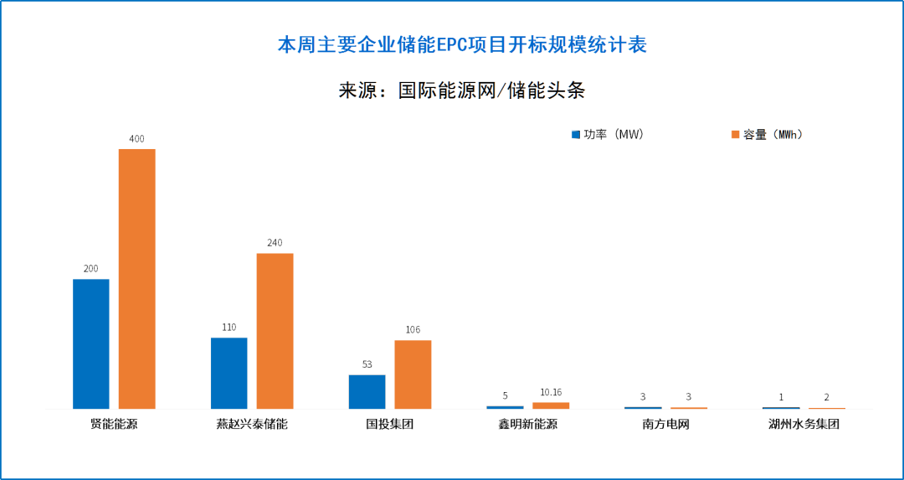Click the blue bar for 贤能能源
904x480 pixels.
click(x=91, y=343)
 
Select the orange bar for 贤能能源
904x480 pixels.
click(x=136, y=278)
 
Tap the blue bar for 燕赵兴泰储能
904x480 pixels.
click(x=229, y=373)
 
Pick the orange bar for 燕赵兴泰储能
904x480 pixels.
click(x=275, y=330)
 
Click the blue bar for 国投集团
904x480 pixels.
click(x=367, y=391)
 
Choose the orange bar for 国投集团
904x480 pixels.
click(x=413, y=374)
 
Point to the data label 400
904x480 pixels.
click(x=136, y=138)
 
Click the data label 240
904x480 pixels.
click(x=275, y=243)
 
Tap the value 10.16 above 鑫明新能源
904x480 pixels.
click(x=551, y=392)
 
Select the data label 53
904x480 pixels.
click(x=367, y=364)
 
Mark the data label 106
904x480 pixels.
click(x=413, y=330)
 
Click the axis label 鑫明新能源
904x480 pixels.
click(x=527, y=424)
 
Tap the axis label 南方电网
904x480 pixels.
click(x=665, y=424)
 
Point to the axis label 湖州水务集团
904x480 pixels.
click(x=804, y=424)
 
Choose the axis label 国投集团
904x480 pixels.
click(x=389, y=424)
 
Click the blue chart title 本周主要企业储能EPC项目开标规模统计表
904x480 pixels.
click(x=462, y=45)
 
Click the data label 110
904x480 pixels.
click(x=229, y=328)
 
